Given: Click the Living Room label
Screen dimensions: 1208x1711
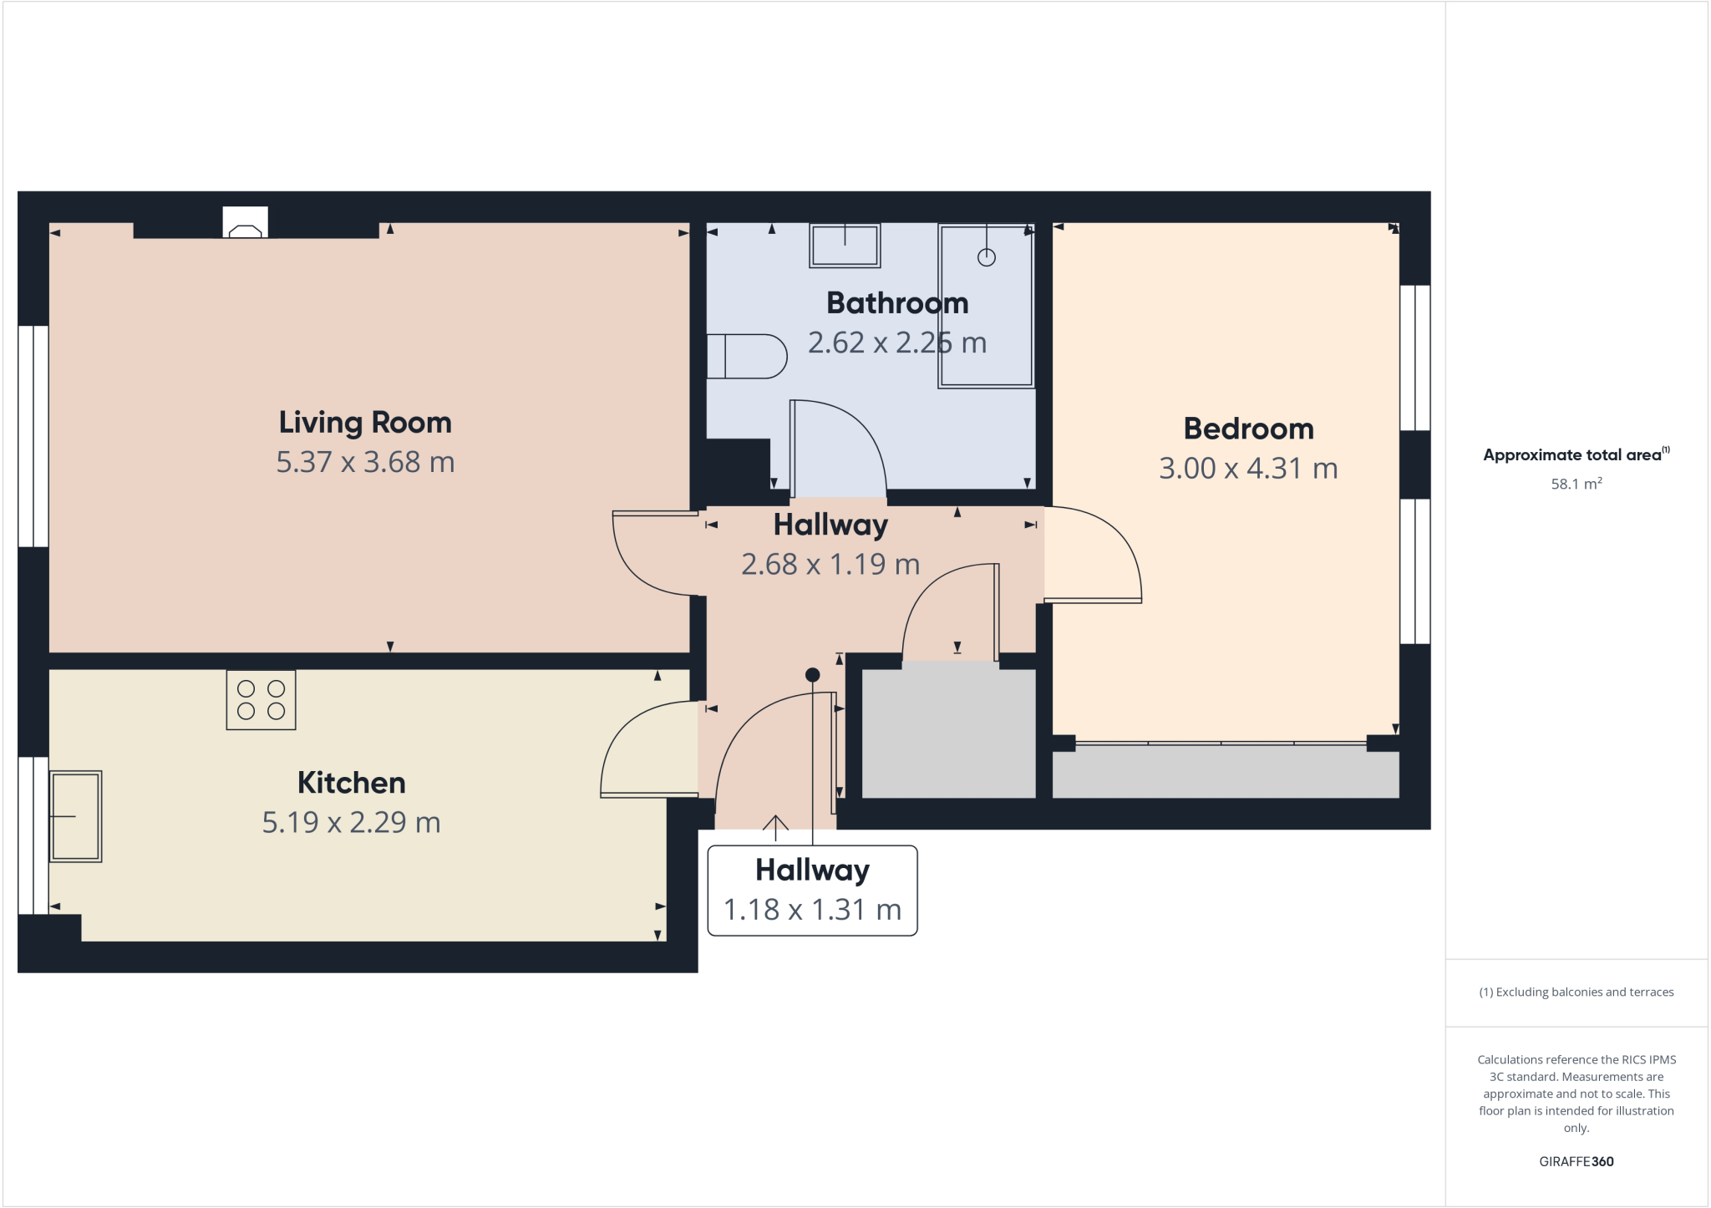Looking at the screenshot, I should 365,423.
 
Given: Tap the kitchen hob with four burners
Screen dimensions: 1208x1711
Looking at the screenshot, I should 261,700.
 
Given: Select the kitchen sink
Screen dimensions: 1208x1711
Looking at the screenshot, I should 75,816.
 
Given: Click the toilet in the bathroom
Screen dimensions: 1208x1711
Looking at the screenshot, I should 747,357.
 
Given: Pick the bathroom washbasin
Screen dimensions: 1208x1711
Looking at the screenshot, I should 845,246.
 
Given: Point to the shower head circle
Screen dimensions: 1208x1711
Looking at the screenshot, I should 987,257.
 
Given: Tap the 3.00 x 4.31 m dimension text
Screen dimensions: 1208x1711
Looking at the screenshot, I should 1248,469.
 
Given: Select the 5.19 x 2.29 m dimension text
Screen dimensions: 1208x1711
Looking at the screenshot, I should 351,823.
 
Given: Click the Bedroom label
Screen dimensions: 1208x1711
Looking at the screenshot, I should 1248,429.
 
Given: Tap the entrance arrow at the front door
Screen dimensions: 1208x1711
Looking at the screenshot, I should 775,826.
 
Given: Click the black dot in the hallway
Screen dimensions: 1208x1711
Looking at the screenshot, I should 813,675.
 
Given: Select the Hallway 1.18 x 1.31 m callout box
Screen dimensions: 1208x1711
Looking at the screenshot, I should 812,891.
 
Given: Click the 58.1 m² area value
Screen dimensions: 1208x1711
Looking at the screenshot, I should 1576,485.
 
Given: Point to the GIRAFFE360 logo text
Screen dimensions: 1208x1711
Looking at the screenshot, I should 1576,1161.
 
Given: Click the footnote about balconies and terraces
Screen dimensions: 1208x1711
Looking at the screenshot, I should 1576,992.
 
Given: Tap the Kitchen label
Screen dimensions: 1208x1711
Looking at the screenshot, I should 351,783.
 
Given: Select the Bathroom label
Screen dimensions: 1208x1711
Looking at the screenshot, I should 897,303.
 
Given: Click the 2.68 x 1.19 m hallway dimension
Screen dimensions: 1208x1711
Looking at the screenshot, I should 830,565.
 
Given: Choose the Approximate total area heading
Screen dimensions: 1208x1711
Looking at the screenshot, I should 1574,455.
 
